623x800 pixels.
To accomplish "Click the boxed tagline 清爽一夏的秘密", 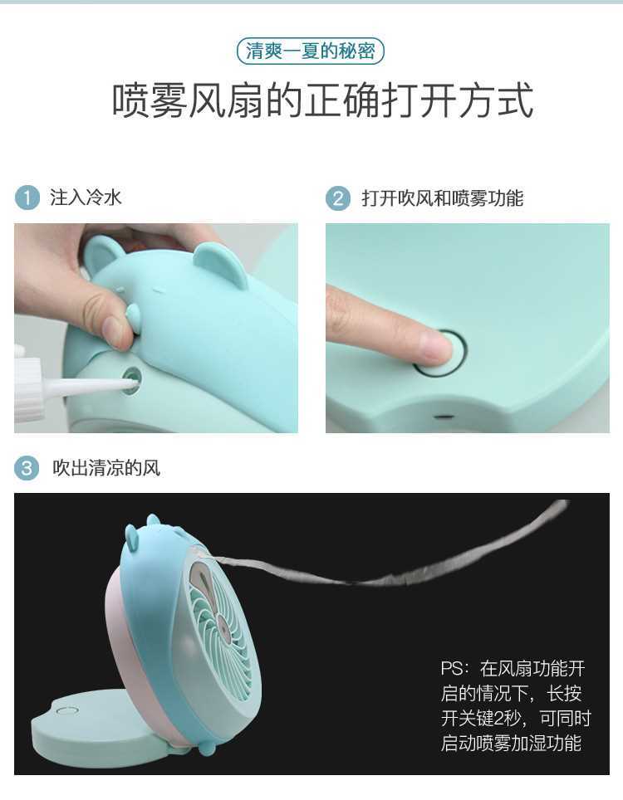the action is pyautogui.click(x=311, y=51).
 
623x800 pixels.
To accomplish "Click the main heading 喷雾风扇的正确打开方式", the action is pyautogui.click(x=323, y=100).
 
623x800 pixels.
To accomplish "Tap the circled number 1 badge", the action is pyautogui.click(x=27, y=198).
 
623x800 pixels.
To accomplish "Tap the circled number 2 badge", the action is pyautogui.click(x=338, y=198).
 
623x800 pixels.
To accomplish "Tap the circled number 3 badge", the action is pyautogui.click(x=27, y=468).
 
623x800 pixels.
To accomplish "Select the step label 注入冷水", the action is pyautogui.click(x=86, y=198).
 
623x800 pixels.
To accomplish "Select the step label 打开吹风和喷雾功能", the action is pyautogui.click(x=443, y=198).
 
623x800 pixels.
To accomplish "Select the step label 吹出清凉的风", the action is pyautogui.click(x=106, y=468).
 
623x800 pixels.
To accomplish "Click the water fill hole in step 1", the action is pyautogui.click(x=132, y=379).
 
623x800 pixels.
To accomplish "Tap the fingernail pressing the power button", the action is pyautogui.click(x=435, y=348).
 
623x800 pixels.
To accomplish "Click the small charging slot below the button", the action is pyautogui.click(x=444, y=417).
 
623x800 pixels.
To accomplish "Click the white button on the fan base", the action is pyautogui.click(x=67, y=710).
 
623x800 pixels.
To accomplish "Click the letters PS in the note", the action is pyautogui.click(x=453, y=668).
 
